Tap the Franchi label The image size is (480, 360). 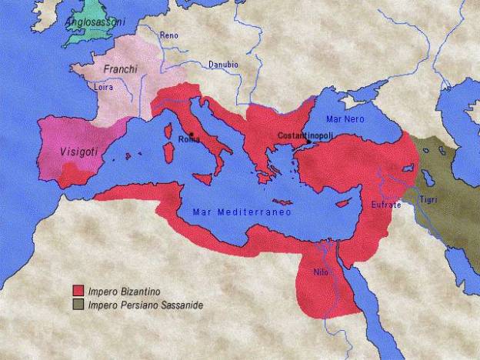point(121,69)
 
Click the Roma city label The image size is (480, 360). point(188,139)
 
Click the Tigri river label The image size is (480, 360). point(428,201)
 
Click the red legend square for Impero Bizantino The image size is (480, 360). point(78,291)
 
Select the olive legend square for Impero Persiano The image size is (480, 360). point(78,305)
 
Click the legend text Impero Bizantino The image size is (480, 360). point(121,292)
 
